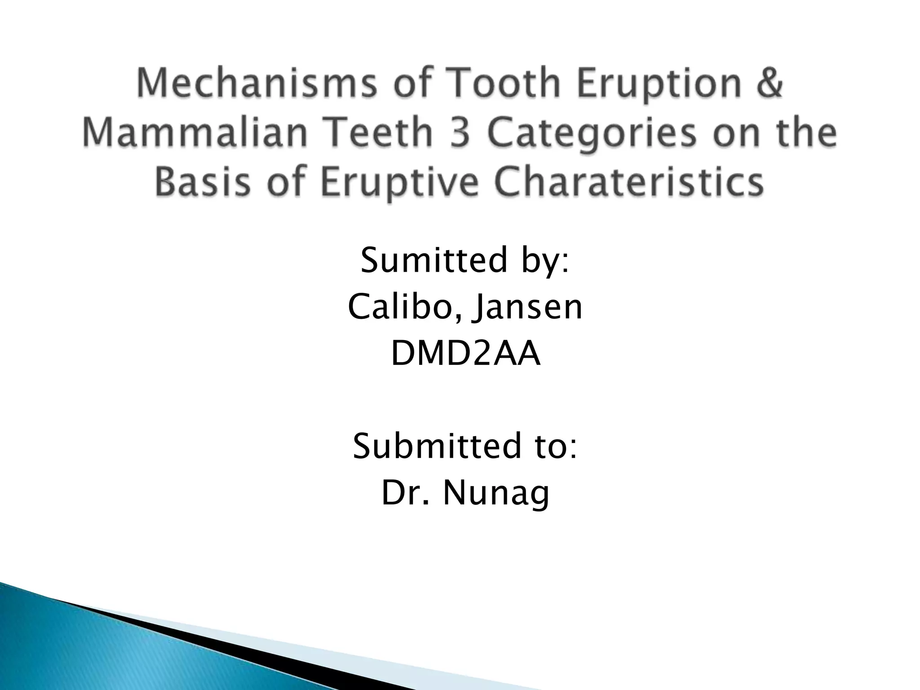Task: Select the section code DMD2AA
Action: click(465, 354)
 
